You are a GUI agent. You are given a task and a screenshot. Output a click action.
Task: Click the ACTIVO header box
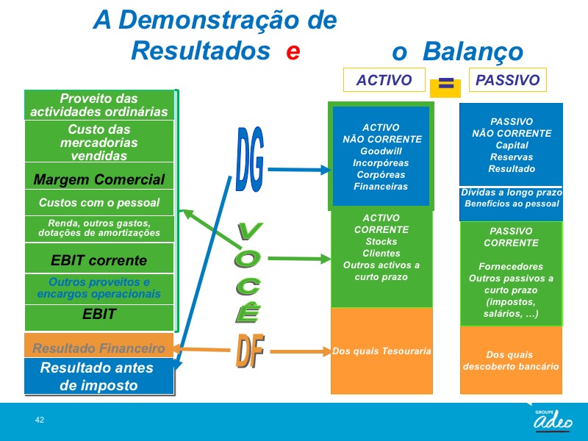pos(384,80)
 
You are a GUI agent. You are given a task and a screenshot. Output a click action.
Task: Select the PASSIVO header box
pos(508,80)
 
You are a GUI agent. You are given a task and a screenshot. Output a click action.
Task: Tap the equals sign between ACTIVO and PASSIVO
pos(445,85)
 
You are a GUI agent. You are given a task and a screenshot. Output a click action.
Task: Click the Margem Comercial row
pos(99,179)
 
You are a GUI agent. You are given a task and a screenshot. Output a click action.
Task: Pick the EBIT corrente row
pos(99,260)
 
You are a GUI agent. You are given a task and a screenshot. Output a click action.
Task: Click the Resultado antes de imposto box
pos(99,376)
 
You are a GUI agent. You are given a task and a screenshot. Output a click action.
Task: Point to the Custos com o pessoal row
pos(99,203)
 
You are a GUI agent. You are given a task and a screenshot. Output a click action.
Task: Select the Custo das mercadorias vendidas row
pos(99,143)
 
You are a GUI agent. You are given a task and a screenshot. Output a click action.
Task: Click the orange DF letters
pos(250,351)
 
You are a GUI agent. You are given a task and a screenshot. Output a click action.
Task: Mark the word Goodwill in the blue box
pos(381,151)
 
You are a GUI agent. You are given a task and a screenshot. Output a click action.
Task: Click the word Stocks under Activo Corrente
pos(381,242)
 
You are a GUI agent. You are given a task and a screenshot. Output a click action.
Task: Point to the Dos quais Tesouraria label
pos(381,351)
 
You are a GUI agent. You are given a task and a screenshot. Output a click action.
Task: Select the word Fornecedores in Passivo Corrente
pos(511,267)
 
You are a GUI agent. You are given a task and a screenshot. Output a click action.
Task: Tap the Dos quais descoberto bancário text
pos(511,361)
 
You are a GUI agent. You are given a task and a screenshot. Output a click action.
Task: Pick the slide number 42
pos(40,420)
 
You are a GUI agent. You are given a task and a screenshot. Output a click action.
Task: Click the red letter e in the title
pos(293,51)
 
